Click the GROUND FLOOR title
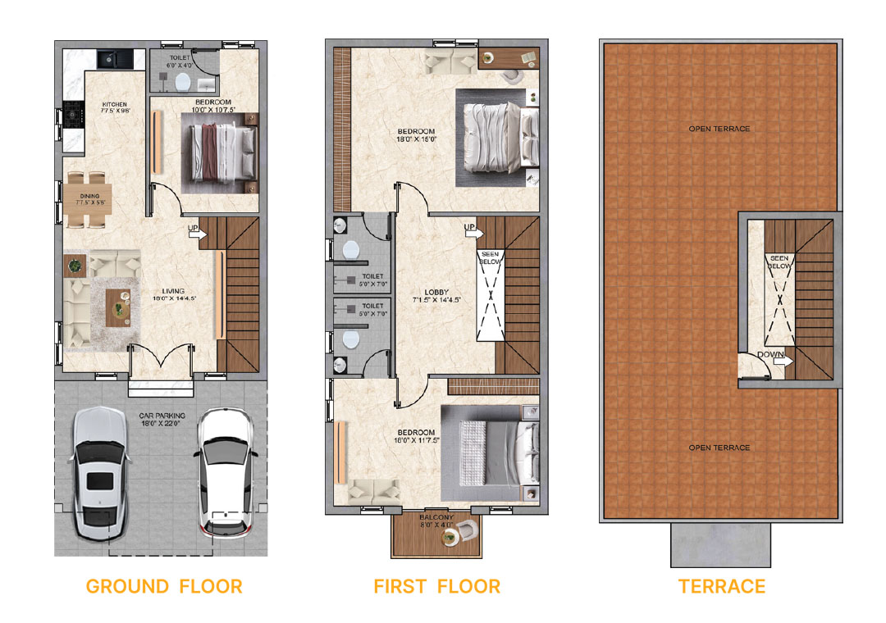coord(164,586)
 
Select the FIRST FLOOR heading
coord(436,586)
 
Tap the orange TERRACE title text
coord(722,586)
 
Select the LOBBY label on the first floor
coord(436,296)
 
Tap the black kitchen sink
coord(108,59)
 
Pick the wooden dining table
coord(87,199)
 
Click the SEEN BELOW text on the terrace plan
coord(779,262)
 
